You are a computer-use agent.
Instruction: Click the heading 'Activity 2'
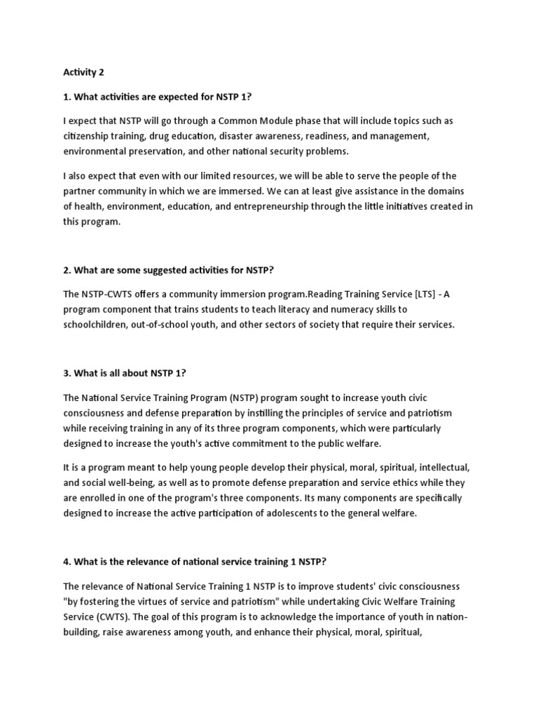[x=83, y=72]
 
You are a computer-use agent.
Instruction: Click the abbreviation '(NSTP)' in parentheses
[x=221, y=396]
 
